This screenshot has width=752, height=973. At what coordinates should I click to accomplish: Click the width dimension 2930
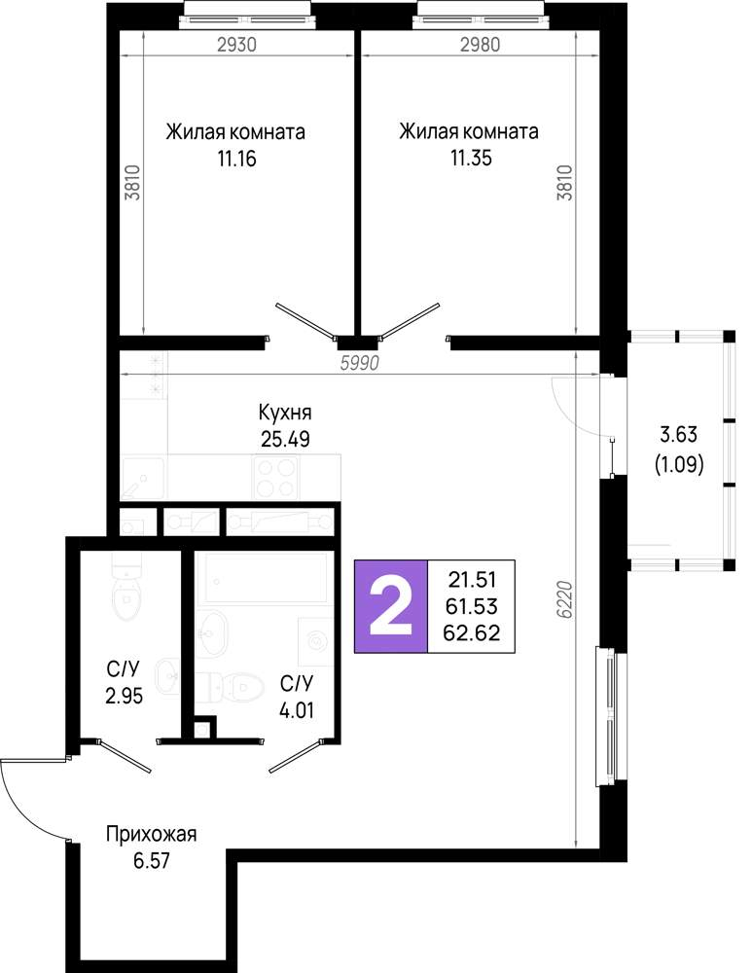point(237,45)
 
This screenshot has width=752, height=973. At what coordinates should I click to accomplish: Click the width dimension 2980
point(481,45)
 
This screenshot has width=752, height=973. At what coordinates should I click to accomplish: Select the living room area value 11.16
point(236,159)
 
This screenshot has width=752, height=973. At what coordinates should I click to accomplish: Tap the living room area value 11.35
point(471,158)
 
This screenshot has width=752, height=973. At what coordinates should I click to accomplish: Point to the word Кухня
point(285,413)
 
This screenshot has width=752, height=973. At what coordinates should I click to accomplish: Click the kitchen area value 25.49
point(285,440)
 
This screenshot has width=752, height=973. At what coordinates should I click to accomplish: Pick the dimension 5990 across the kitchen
point(359,363)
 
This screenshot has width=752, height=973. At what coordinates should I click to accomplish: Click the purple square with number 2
point(391,606)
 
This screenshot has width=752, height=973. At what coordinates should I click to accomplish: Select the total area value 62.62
point(472,632)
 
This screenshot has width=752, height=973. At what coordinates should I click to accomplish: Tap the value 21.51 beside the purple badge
point(472,580)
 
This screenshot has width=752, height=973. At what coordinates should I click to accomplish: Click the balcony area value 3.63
point(678,434)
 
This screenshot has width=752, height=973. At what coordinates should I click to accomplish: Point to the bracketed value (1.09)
point(679,464)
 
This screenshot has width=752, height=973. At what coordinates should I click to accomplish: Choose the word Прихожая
point(151,834)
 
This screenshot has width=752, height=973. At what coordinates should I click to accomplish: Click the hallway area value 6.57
point(152,861)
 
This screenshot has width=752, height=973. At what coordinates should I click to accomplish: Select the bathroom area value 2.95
point(125,697)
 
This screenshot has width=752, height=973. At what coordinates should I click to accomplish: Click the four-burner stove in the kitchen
point(275,477)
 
